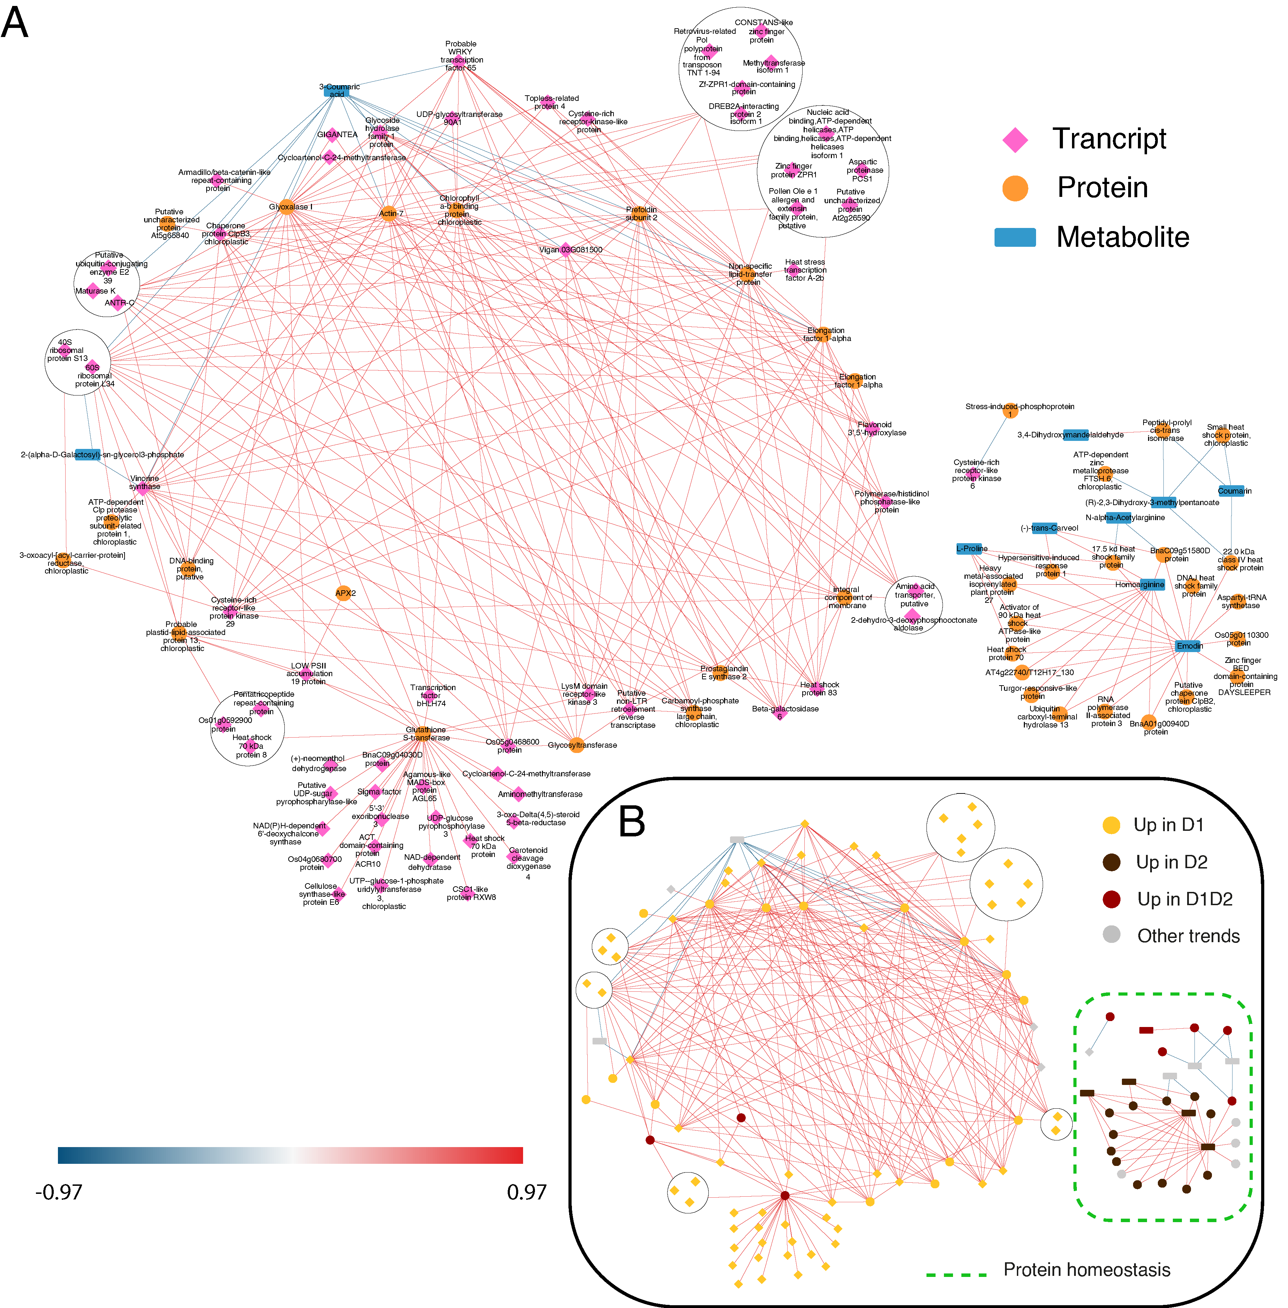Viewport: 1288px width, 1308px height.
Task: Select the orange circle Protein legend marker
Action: click(1015, 188)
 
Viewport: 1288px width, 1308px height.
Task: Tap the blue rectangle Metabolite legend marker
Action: click(1015, 237)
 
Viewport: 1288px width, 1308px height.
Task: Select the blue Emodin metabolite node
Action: click(1189, 645)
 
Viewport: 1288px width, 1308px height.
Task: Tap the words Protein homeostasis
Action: click(1086, 1270)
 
